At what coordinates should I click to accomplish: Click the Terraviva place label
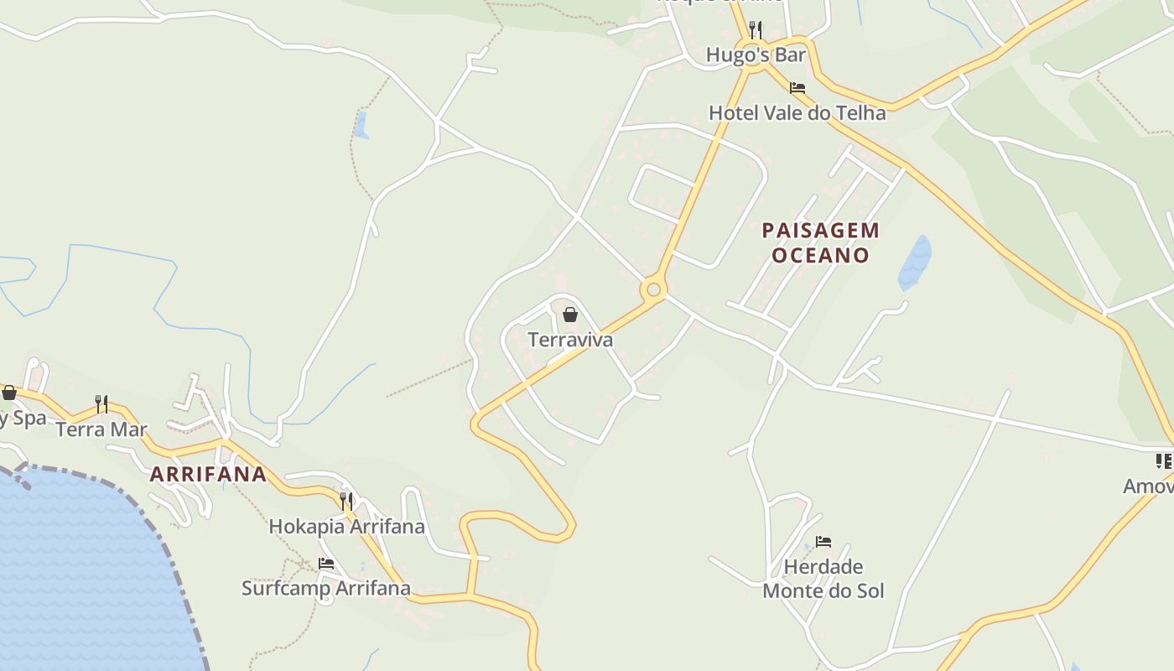tap(570, 340)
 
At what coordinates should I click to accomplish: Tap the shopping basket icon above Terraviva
tap(570, 315)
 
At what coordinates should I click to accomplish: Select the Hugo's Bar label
tap(756, 55)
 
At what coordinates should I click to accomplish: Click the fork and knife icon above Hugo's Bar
tap(756, 31)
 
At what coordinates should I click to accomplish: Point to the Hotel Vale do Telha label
tap(797, 112)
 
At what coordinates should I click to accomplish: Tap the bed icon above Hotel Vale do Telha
tap(797, 87)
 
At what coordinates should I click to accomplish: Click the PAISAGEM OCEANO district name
tap(809, 242)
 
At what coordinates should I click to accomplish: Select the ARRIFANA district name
tap(208, 474)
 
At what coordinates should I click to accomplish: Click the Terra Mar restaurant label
tap(101, 429)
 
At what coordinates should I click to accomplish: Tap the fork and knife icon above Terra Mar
tap(101, 404)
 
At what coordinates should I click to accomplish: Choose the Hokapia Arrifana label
tap(346, 527)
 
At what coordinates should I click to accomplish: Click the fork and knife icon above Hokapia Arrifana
tap(346, 502)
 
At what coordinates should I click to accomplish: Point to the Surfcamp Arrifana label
tap(326, 588)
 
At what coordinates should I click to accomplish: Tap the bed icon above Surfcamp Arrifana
tap(326, 564)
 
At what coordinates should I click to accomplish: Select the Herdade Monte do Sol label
tap(823, 579)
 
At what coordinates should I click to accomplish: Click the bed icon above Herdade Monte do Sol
tap(823, 542)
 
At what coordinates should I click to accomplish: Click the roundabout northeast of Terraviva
tap(653, 290)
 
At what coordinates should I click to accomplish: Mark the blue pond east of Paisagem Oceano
tap(915, 263)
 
